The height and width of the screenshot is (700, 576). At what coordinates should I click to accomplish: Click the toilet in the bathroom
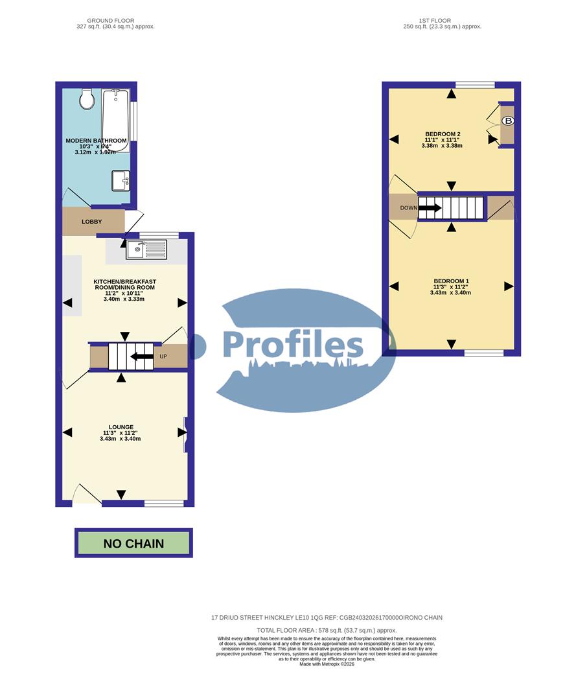click(87, 100)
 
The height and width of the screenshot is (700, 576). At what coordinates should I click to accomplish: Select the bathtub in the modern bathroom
click(116, 120)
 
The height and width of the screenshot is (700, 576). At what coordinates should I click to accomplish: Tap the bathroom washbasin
click(121, 180)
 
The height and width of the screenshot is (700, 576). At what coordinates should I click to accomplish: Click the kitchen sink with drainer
click(146, 248)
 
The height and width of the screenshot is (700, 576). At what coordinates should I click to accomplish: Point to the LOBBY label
click(92, 222)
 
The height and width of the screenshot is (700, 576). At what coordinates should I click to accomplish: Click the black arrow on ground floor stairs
click(142, 356)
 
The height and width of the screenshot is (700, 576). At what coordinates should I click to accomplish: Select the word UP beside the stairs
click(164, 356)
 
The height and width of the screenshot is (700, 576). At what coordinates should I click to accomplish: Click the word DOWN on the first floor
click(409, 208)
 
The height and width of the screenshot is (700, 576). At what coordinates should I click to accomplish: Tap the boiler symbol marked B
click(509, 121)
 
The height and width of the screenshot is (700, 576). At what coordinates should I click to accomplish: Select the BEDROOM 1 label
click(450, 281)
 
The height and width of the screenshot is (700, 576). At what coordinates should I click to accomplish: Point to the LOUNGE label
click(121, 426)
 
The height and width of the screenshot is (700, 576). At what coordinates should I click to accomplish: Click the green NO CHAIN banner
click(133, 543)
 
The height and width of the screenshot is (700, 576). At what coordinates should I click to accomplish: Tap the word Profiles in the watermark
click(293, 344)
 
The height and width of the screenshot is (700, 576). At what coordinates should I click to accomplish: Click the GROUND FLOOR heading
click(115, 21)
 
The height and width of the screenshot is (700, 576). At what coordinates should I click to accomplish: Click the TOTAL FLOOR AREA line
click(327, 630)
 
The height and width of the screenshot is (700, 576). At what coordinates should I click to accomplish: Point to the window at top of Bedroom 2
click(475, 85)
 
